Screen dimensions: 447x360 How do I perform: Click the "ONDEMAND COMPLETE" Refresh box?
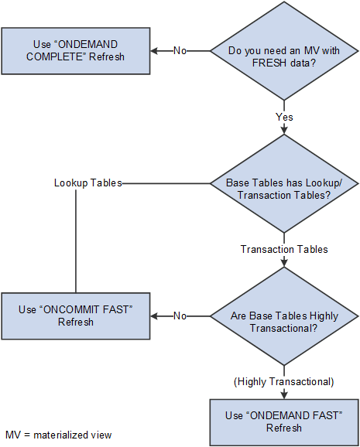pyautogui.click(x=75, y=51)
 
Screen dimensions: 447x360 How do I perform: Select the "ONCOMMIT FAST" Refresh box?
pyautogui.click(x=75, y=316)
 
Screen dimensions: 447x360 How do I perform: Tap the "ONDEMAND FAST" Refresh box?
pyautogui.click(x=284, y=421)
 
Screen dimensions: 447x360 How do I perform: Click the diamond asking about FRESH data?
pyautogui.click(x=284, y=51)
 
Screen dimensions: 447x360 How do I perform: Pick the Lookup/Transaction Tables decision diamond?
pyautogui.click(x=284, y=184)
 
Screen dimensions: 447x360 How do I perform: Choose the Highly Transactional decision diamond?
pyautogui.click(x=284, y=316)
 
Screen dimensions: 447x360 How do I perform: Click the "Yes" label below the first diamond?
pyautogui.click(x=284, y=117)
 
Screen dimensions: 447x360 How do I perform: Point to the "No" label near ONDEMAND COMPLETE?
pyautogui.click(x=180, y=51)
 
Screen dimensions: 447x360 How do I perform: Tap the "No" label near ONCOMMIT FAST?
pyautogui.click(x=180, y=316)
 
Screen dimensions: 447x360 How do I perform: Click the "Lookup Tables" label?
pyautogui.click(x=87, y=184)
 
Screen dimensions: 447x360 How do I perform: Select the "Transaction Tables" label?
pyautogui.click(x=284, y=249)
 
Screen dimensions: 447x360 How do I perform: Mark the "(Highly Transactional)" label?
pyautogui.click(x=284, y=381)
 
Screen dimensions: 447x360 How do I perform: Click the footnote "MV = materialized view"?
pyautogui.click(x=59, y=435)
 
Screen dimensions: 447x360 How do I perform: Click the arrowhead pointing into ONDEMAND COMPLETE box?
pyautogui.click(x=155, y=51)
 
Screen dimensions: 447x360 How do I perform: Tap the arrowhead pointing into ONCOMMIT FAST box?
pyautogui.click(x=155, y=316)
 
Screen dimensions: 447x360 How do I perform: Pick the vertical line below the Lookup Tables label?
pyautogui.click(x=75, y=240)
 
